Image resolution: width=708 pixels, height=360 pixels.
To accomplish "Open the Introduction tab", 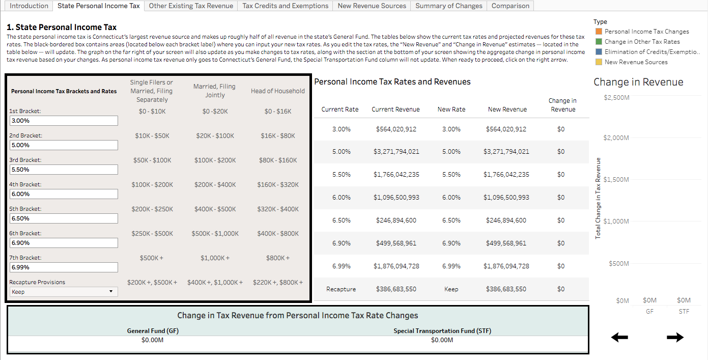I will point(29,6).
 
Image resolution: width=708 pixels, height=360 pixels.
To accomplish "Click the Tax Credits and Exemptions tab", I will point(285,6).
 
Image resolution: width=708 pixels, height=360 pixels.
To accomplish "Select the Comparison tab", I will point(511,6).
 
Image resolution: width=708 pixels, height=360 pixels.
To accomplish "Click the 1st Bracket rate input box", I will point(64,121).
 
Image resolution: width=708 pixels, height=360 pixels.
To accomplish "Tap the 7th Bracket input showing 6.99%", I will point(64,267).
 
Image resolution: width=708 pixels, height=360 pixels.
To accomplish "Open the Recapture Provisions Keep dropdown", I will point(64,292).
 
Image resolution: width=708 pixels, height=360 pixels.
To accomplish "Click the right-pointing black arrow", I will point(675,337).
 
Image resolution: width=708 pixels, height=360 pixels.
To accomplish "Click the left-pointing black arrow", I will point(619,337).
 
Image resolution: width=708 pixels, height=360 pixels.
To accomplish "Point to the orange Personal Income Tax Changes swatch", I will point(599,32).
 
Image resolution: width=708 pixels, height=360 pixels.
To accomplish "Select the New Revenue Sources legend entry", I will point(636,62).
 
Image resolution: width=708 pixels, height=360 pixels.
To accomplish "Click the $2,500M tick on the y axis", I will point(616,97).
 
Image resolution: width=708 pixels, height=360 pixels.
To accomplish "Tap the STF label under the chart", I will point(684,311).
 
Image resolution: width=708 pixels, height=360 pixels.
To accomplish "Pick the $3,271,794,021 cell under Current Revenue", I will point(396,152).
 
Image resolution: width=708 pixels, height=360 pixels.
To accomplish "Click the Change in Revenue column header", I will point(562,105).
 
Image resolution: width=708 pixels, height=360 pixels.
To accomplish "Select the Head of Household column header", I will point(277,91).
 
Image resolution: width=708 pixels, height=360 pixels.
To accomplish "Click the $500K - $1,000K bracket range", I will point(215,234).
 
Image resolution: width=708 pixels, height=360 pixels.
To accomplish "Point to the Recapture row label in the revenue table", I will point(341,289).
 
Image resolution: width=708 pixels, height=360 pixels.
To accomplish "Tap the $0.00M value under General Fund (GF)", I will point(153,340).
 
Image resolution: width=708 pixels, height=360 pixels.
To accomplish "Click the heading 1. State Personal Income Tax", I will point(62,27).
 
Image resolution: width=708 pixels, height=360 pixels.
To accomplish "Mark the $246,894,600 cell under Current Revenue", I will point(396,220).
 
